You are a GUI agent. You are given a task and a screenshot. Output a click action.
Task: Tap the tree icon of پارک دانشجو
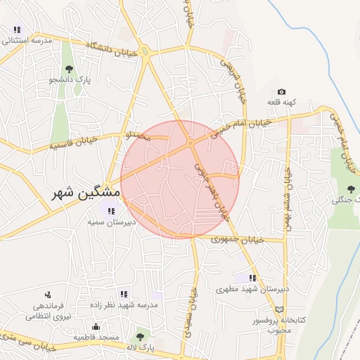pyautogui.click(x=69, y=68)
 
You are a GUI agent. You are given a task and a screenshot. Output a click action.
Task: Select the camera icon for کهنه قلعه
pyautogui.click(x=281, y=91)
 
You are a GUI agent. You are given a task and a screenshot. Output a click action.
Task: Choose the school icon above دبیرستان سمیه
pyautogui.click(x=110, y=210)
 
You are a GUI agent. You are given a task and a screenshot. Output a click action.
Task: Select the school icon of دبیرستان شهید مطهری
pyautogui.click(x=252, y=278)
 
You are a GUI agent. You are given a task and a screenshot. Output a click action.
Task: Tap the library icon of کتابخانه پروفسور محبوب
pyautogui.click(x=281, y=309)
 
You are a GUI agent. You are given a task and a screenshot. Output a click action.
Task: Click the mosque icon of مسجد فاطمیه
pyautogui.click(x=96, y=326)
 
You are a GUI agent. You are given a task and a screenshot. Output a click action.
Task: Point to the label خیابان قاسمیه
pyautogui.click(x=72, y=143)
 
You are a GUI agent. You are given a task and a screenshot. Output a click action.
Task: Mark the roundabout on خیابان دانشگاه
pyautogui.click(x=146, y=51)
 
